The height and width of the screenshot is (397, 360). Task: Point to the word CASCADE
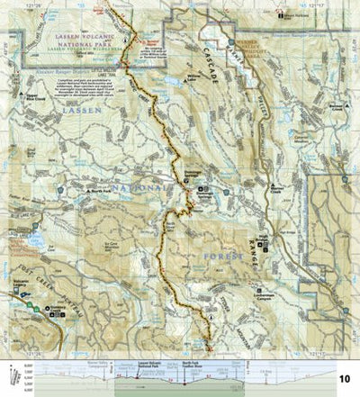point(206,58)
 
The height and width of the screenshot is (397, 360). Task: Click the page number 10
point(344,377)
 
